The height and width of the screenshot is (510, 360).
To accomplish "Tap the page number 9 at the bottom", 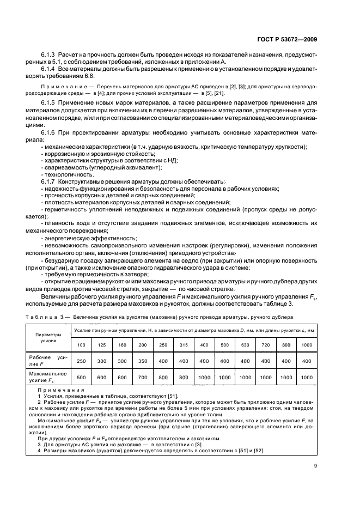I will tap(316, 465).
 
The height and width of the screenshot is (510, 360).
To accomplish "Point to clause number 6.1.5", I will tap(50, 102).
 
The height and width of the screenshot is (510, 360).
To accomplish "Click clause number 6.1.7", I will tap(50, 181).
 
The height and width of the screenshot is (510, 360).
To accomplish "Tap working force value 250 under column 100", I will tap(81, 360).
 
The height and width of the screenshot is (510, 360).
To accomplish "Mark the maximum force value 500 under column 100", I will tap(81, 377).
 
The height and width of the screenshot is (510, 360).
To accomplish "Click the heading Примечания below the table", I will tap(61, 390).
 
